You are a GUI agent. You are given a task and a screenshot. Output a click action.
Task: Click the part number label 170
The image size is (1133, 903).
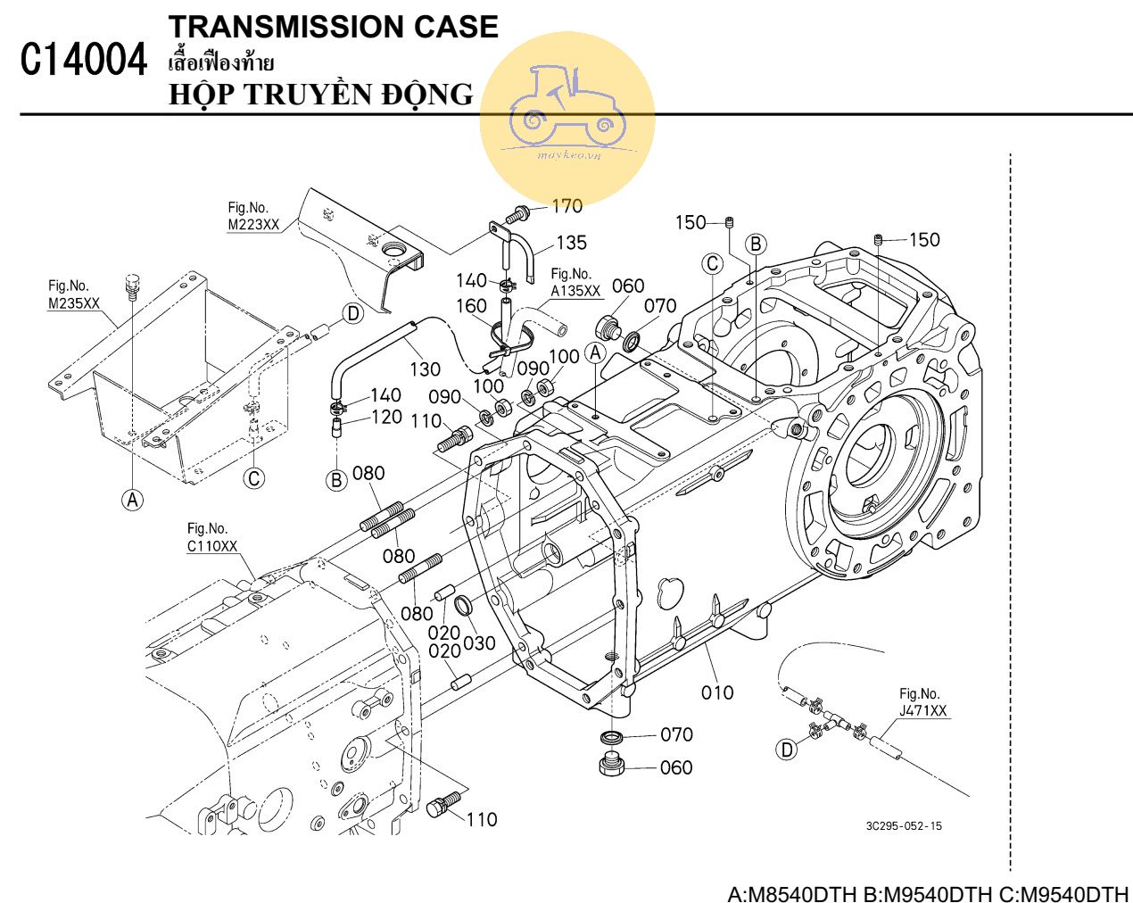point(566,206)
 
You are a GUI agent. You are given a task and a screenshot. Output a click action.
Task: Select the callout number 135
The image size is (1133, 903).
point(572,243)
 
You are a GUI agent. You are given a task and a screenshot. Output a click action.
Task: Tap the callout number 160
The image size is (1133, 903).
point(471,306)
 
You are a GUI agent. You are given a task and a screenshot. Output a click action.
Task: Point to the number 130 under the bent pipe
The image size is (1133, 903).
point(426,369)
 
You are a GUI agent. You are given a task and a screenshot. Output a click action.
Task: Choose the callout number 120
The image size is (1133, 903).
point(386,417)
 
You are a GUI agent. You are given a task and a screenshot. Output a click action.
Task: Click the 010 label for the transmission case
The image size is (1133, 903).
point(717,692)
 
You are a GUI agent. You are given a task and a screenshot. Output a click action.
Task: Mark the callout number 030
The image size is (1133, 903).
point(479,642)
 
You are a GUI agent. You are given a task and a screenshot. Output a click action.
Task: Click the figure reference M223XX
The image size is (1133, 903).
point(253,225)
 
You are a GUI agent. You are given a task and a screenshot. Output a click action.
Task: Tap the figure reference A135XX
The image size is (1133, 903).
point(575,291)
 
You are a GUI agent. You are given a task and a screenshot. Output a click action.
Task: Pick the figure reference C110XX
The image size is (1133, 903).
point(212,546)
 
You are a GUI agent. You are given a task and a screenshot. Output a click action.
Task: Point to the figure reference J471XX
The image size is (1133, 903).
point(923,711)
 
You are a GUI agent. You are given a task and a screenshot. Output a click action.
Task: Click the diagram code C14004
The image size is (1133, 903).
point(83,62)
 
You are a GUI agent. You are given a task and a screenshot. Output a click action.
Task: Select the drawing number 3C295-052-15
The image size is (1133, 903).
point(903,825)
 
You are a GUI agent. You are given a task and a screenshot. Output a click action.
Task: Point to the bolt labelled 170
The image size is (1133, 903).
point(517,214)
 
